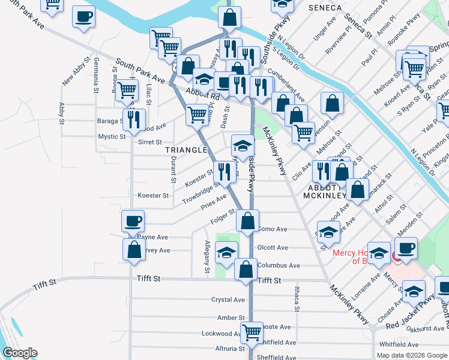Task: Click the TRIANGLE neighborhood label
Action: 190,150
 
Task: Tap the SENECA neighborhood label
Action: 324,8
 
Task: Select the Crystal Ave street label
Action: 228,299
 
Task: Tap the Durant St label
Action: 173,170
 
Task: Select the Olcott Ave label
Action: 273,247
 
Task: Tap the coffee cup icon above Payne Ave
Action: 132,221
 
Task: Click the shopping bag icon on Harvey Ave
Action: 134,249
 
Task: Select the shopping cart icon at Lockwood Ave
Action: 252,332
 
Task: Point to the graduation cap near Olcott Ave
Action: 226,253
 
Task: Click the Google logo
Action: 20,353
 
